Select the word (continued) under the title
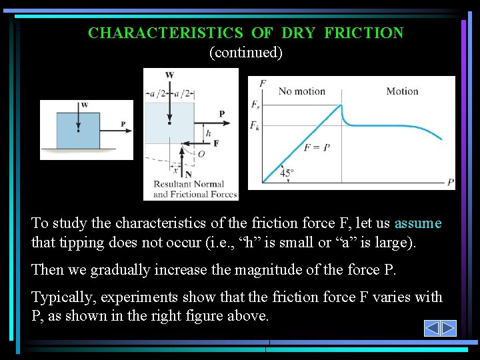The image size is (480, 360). tap(246, 52)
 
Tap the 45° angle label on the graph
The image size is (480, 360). tap(286, 172)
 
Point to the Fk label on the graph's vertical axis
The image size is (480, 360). tap(255, 125)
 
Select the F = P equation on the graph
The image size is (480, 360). tap(317, 147)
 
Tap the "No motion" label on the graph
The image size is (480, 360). tap(302, 91)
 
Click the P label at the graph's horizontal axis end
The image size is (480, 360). tap(451, 182)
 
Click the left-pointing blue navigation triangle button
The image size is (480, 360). tap(432, 329)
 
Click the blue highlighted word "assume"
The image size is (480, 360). tap(417, 223)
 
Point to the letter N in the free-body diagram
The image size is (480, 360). tap(189, 174)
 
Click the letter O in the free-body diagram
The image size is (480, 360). tap(201, 154)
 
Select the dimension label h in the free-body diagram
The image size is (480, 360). tap(208, 133)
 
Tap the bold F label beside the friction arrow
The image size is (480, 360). tap(215, 143)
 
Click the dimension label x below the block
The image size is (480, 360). tap(175, 170)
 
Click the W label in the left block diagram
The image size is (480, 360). tap(85, 105)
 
